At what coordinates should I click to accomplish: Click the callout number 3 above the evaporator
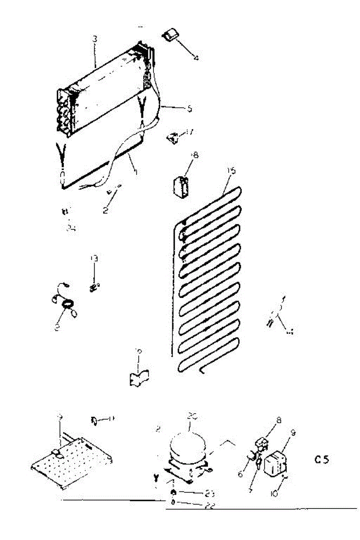(x=94, y=39)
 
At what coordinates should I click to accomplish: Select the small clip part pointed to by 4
(x=171, y=34)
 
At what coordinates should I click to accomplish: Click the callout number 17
(x=189, y=132)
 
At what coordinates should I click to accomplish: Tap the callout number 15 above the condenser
(x=232, y=171)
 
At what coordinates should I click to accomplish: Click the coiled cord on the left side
(x=67, y=306)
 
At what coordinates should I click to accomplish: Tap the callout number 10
(x=275, y=493)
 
